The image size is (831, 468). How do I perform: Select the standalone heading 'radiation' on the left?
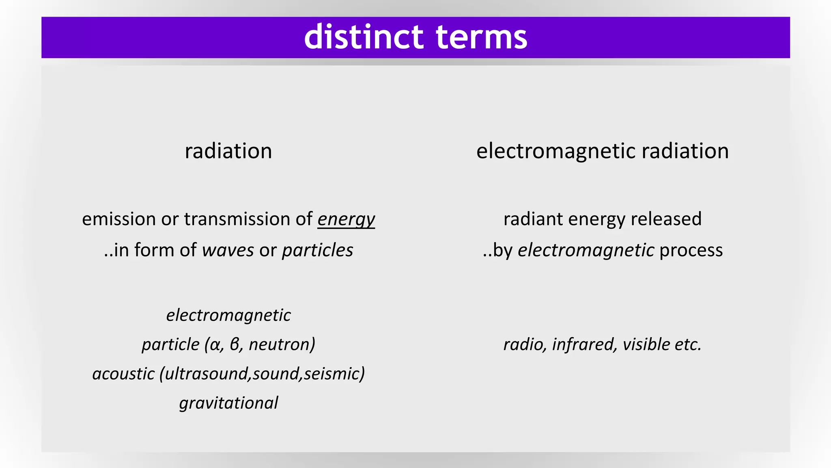click(228, 151)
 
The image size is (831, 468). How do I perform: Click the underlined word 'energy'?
click(346, 219)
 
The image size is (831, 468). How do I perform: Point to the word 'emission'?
click(118, 219)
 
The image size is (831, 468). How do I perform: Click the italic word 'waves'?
click(228, 250)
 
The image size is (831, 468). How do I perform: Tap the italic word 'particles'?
click(317, 250)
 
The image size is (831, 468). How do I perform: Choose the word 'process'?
click(691, 250)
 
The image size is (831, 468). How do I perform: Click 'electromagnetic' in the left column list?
click(228, 315)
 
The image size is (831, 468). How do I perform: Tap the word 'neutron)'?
click(282, 344)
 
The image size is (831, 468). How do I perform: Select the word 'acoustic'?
click(123, 374)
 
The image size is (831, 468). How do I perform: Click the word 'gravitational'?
click(228, 403)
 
